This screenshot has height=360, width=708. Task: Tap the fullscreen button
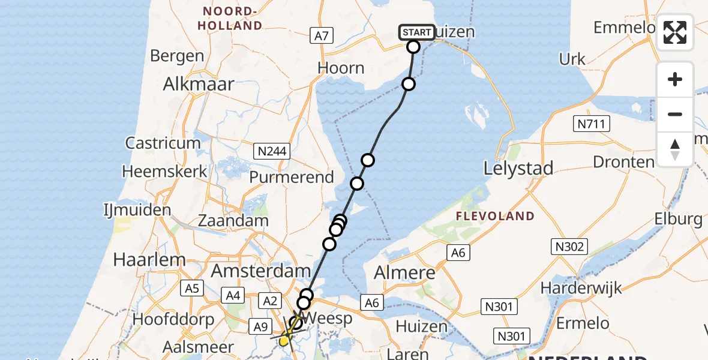[x=675, y=32]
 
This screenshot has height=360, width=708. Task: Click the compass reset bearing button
[x=675, y=149]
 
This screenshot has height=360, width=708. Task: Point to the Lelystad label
[x=518, y=169]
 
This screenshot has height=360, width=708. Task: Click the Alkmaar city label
[x=198, y=84]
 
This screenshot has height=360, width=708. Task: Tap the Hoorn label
[x=341, y=68]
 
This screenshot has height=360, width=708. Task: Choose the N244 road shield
[x=272, y=151]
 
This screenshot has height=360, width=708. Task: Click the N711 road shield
[x=591, y=124]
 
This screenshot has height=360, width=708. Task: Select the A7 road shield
[x=322, y=36]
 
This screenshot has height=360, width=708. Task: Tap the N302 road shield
[x=569, y=246]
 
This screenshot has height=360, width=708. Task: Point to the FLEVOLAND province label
[x=495, y=216]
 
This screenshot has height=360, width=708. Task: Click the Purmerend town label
[x=292, y=177]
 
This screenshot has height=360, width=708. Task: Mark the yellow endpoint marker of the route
[x=284, y=341]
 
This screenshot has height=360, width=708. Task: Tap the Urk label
[x=572, y=59]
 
